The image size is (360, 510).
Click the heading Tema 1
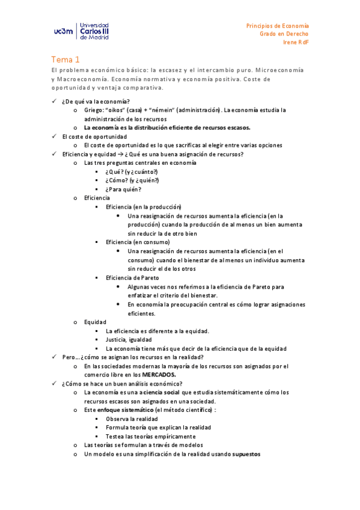pos(65,60)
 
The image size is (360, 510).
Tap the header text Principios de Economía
pos(278,26)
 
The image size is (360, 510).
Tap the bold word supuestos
pos(246,454)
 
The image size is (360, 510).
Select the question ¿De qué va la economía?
pos(96,101)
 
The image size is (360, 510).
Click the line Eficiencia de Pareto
pos(132,277)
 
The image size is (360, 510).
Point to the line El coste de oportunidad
pos(94,137)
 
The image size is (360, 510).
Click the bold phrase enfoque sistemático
pos(126,410)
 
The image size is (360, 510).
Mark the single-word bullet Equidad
pos(95,322)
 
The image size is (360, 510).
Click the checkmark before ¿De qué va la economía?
pos(54,101)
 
